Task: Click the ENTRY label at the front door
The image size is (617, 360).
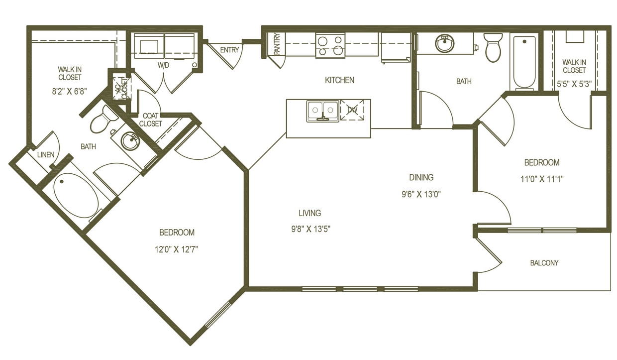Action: coord(229,50)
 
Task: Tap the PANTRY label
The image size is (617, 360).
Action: coord(277,44)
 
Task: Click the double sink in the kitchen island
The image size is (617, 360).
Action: coord(323,111)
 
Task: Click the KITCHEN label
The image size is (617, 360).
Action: coord(339,80)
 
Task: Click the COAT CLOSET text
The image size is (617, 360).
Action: coord(150,120)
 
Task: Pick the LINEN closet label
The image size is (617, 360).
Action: coord(46,155)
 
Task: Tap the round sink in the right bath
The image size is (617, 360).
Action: coord(444,44)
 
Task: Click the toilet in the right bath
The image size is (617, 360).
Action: coord(494,47)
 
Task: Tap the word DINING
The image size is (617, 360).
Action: coord(421,177)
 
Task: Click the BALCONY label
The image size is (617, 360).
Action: coord(544,263)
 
